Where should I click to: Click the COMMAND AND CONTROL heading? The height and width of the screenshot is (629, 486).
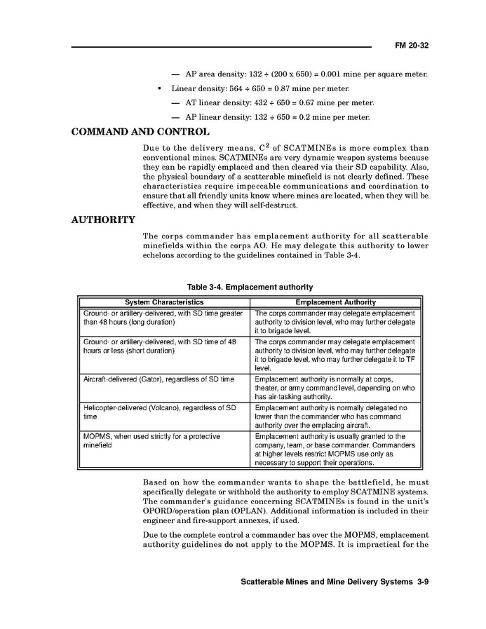[140, 132]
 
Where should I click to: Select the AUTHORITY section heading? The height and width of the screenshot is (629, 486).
[103, 220]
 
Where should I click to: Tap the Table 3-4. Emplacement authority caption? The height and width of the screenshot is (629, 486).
[250, 288]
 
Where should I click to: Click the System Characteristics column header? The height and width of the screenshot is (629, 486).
[164, 302]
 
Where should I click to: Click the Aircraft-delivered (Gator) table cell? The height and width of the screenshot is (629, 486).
[159, 379]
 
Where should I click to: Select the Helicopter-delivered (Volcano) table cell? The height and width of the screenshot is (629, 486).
[159, 412]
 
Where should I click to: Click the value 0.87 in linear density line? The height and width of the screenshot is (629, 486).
[280, 89]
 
